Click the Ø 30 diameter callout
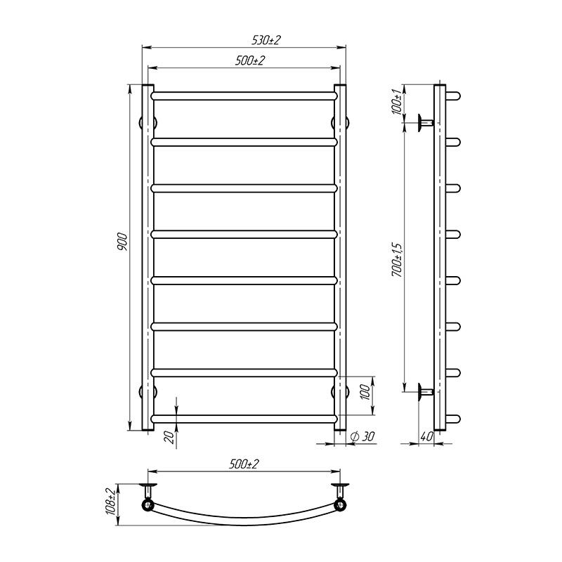coord(363,437)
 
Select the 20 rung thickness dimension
coord(168,436)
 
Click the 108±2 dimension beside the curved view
coord(110,502)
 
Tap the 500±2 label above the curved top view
coord(244,464)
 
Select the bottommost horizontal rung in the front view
coord(244,419)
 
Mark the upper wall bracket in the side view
coord(424,122)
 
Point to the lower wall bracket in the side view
coord(424,391)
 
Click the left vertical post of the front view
coord(148,257)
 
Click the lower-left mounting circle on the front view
coord(150,391)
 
